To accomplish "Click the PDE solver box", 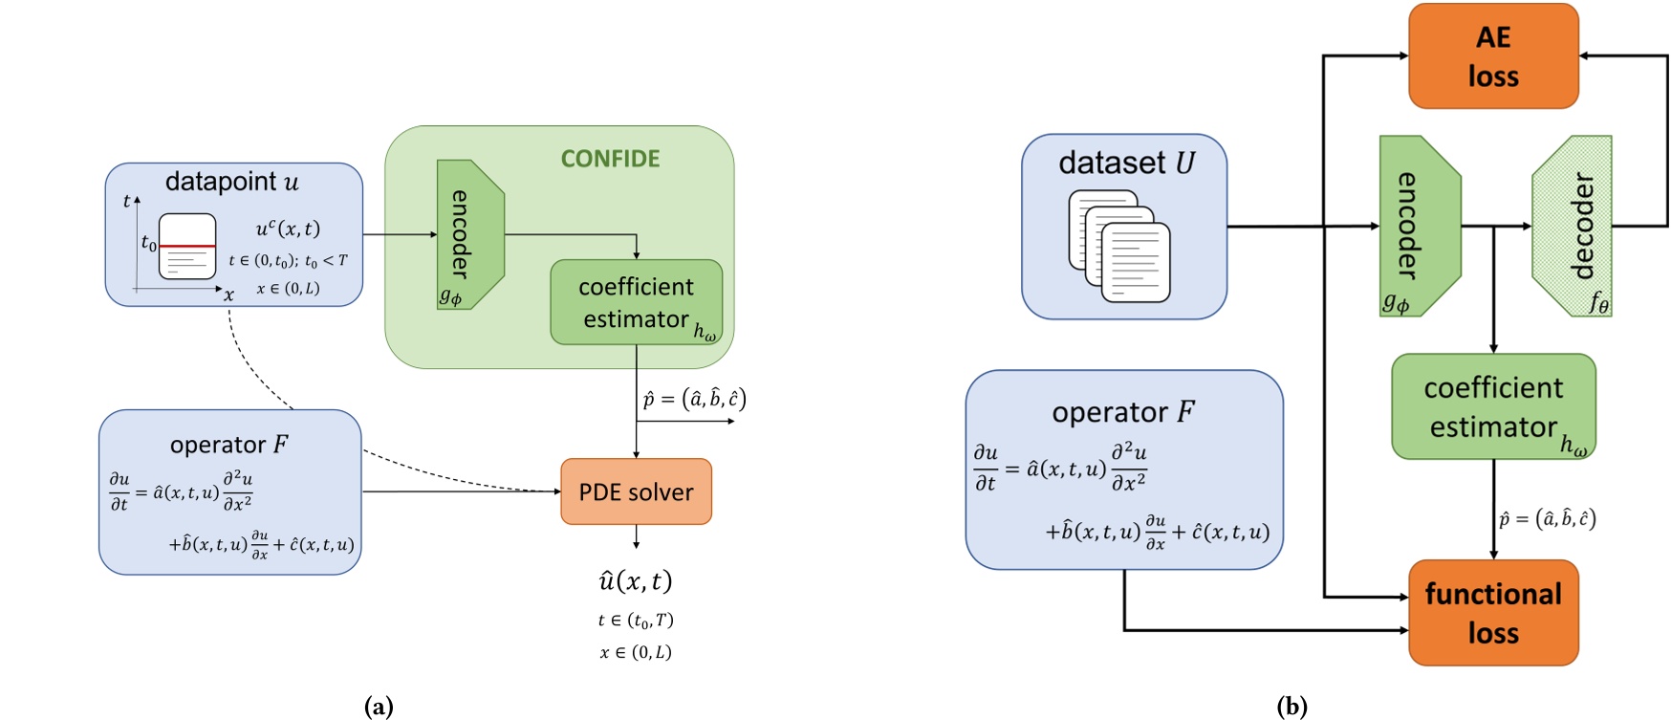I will [x=636, y=491].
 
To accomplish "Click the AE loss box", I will [x=1492, y=56].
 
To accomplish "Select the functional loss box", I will [x=1492, y=613].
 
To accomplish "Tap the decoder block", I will [x=1573, y=226].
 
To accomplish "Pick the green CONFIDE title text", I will [x=610, y=159].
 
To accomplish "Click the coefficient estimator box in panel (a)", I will [x=636, y=302].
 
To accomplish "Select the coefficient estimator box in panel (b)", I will [x=1492, y=406].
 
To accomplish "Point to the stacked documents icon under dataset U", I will [x=1119, y=246].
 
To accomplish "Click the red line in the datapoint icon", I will [x=187, y=246].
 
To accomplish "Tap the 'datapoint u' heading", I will [x=231, y=181].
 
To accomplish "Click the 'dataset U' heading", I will [x=1126, y=163].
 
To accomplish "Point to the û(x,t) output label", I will [x=636, y=580].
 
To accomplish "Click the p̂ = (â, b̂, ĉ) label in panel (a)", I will [x=694, y=399].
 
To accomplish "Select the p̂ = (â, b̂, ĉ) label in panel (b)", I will [x=1547, y=518].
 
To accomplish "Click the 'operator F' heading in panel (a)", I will [x=229, y=445].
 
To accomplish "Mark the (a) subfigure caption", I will [x=379, y=707].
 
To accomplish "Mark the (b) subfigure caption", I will [x=1291, y=707].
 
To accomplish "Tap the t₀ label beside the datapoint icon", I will [x=148, y=243].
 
